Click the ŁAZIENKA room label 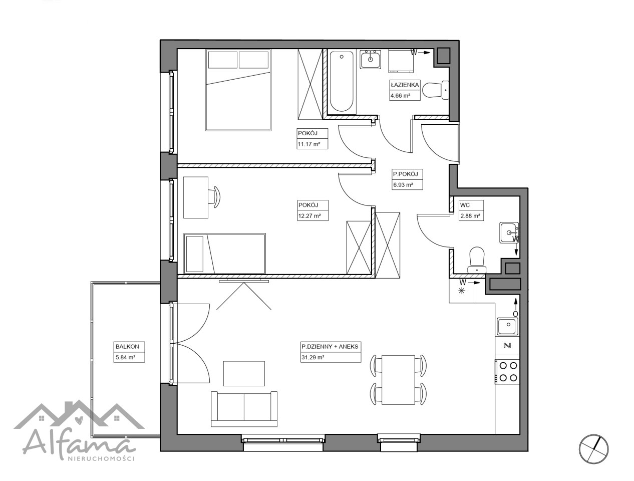click(x=404, y=85)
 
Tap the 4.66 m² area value click(x=400, y=95)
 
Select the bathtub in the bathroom click(x=342, y=82)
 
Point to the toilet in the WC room click(x=477, y=260)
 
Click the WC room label click(x=465, y=205)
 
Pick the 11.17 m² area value click(x=309, y=144)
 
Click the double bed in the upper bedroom click(x=238, y=90)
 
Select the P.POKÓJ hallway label click(x=405, y=174)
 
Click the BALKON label click(x=127, y=346)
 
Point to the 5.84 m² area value click(x=125, y=357)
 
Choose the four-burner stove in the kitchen click(x=507, y=372)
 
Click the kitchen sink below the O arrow click(x=507, y=327)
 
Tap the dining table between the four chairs click(x=398, y=380)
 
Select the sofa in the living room click(x=244, y=408)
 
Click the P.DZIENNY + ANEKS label click(x=330, y=346)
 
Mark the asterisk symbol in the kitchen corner click(x=462, y=291)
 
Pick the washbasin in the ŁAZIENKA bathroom click(x=370, y=59)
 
